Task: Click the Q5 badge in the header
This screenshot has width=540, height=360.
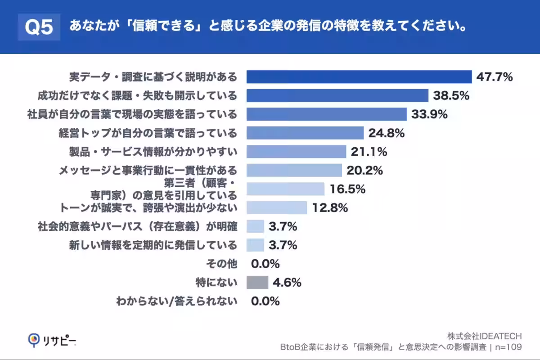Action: [x=38, y=27]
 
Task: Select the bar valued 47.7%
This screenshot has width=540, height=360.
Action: [x=359, y=77]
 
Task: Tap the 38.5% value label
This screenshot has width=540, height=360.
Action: [x=451, y=95]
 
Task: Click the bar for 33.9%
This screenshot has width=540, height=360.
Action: [x=326, y=114]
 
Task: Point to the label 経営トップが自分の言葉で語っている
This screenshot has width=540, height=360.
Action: [x=148, y=133]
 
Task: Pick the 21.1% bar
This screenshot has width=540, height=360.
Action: [x=296, y=152]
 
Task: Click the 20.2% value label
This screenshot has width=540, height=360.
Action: [x=364, y=171]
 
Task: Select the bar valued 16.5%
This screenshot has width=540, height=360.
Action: [x=285, y=189]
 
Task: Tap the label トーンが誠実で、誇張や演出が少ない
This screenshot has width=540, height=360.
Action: [x=148, y=208]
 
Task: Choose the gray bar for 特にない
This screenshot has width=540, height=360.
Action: [x=257, y=283]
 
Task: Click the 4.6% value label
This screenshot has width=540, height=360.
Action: [x=287, y=283]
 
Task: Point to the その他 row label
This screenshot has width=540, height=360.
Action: [x=221, y=264]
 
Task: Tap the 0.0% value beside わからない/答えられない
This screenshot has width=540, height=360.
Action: [x=265, y=301]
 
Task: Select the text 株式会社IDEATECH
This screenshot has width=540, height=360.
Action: [x=484, y=336]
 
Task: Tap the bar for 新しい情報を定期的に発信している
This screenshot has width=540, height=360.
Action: [x=255, y=245]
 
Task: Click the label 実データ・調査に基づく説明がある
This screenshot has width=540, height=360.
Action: [x=153, y=77]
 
